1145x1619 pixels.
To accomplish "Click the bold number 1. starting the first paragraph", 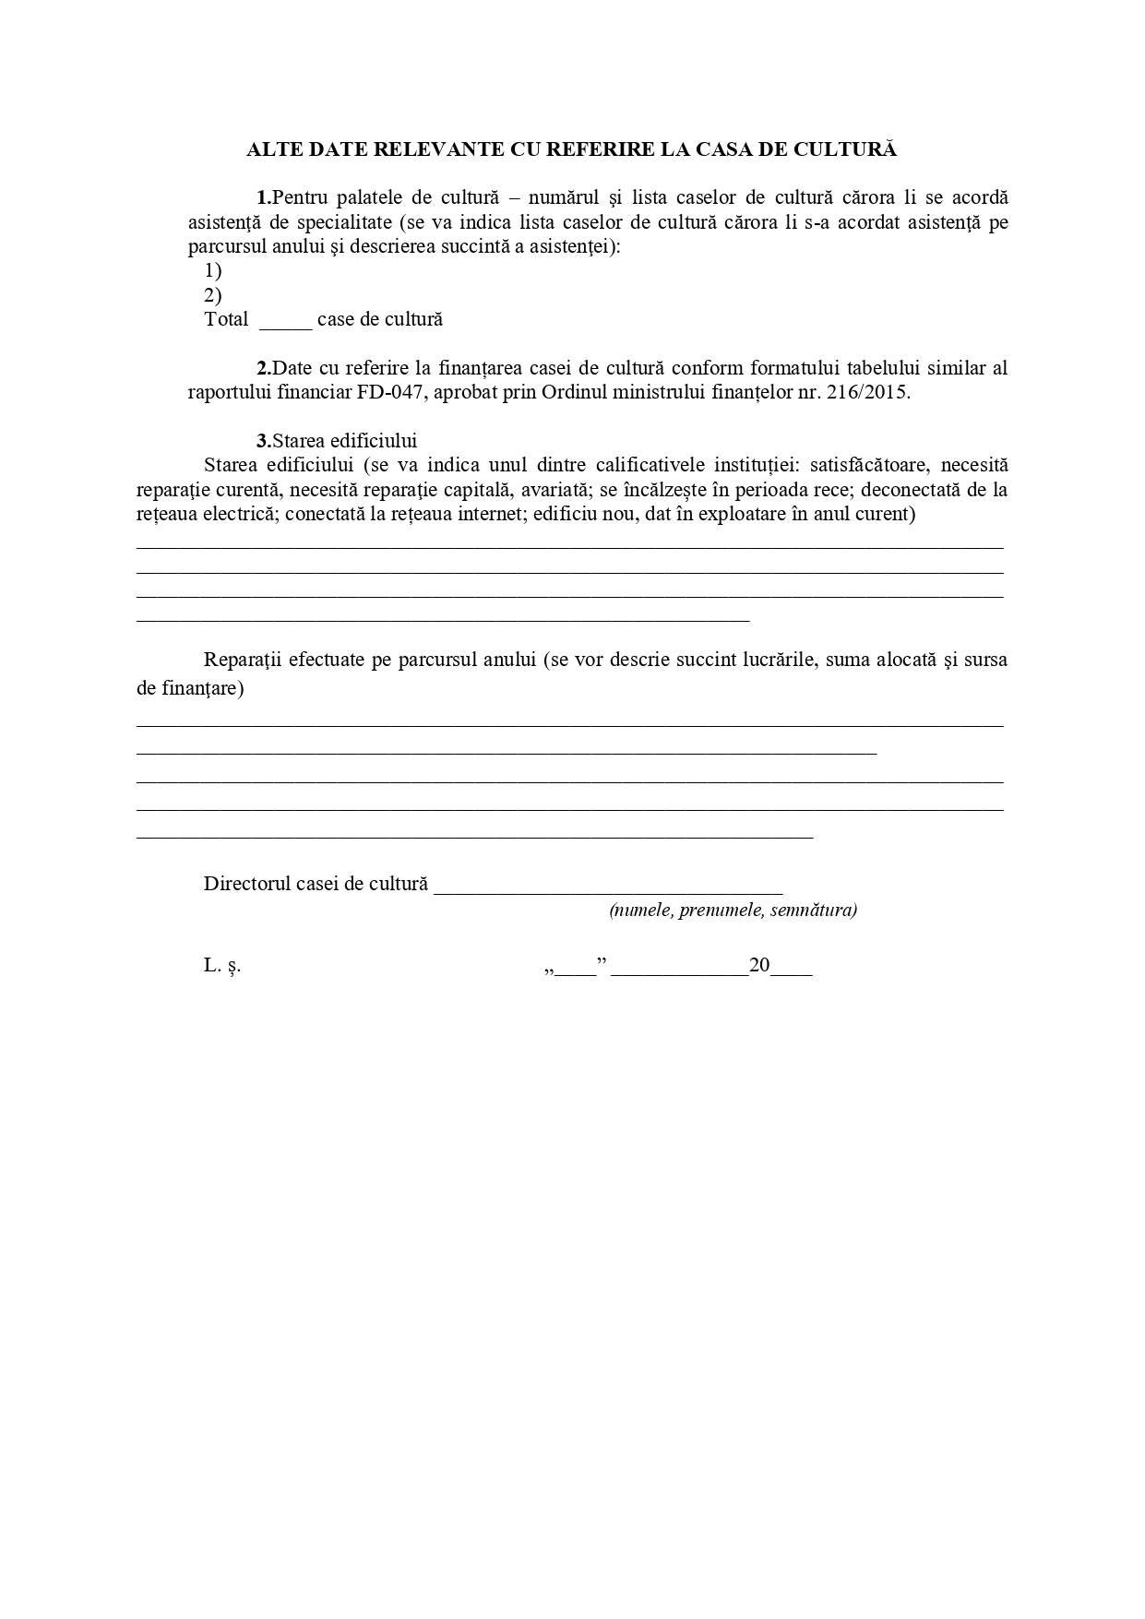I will coord(264,197).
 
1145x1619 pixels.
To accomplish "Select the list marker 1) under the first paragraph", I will coord(213,271).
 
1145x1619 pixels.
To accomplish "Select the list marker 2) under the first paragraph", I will coord(213,295).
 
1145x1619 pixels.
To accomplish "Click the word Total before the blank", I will coord(226,319).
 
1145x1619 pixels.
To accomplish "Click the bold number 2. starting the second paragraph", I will coord(264,368).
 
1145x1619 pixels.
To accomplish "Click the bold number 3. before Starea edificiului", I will coord(264,441).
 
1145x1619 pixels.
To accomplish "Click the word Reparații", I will coord(242,660).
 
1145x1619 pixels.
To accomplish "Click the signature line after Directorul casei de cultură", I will coord(608,887).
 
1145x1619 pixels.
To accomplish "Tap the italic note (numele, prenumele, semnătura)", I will coord(733,911).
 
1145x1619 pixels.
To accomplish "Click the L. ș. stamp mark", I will coord(222,966).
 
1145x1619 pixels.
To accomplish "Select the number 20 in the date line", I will coord(759,966).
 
